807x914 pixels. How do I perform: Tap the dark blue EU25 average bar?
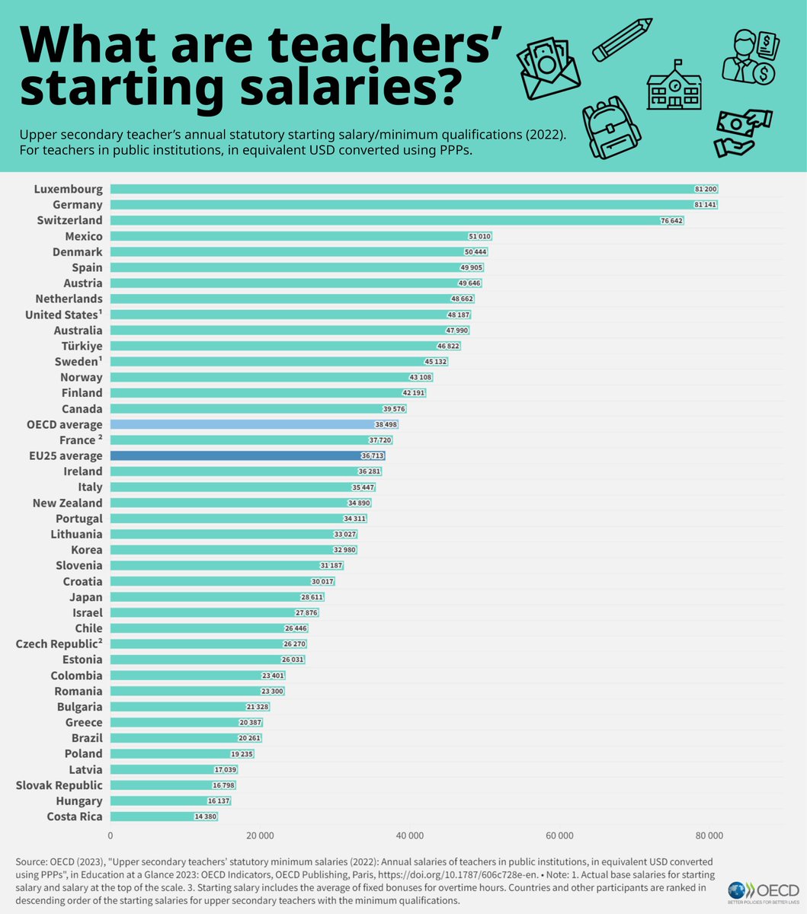[248, 455]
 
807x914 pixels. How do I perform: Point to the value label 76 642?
[671, 221]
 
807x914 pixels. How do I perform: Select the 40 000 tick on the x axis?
[410, 836]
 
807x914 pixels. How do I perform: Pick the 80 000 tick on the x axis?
[709, 836]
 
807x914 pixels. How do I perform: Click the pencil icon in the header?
[622, 39]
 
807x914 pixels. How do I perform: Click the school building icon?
[674, 85]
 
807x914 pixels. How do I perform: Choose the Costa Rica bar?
[164, 817]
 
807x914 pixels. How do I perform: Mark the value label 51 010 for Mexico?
[479, 237]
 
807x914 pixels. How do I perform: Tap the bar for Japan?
[217, 597]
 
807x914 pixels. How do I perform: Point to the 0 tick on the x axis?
[110, 836]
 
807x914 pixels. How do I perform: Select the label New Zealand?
[67, 503]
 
